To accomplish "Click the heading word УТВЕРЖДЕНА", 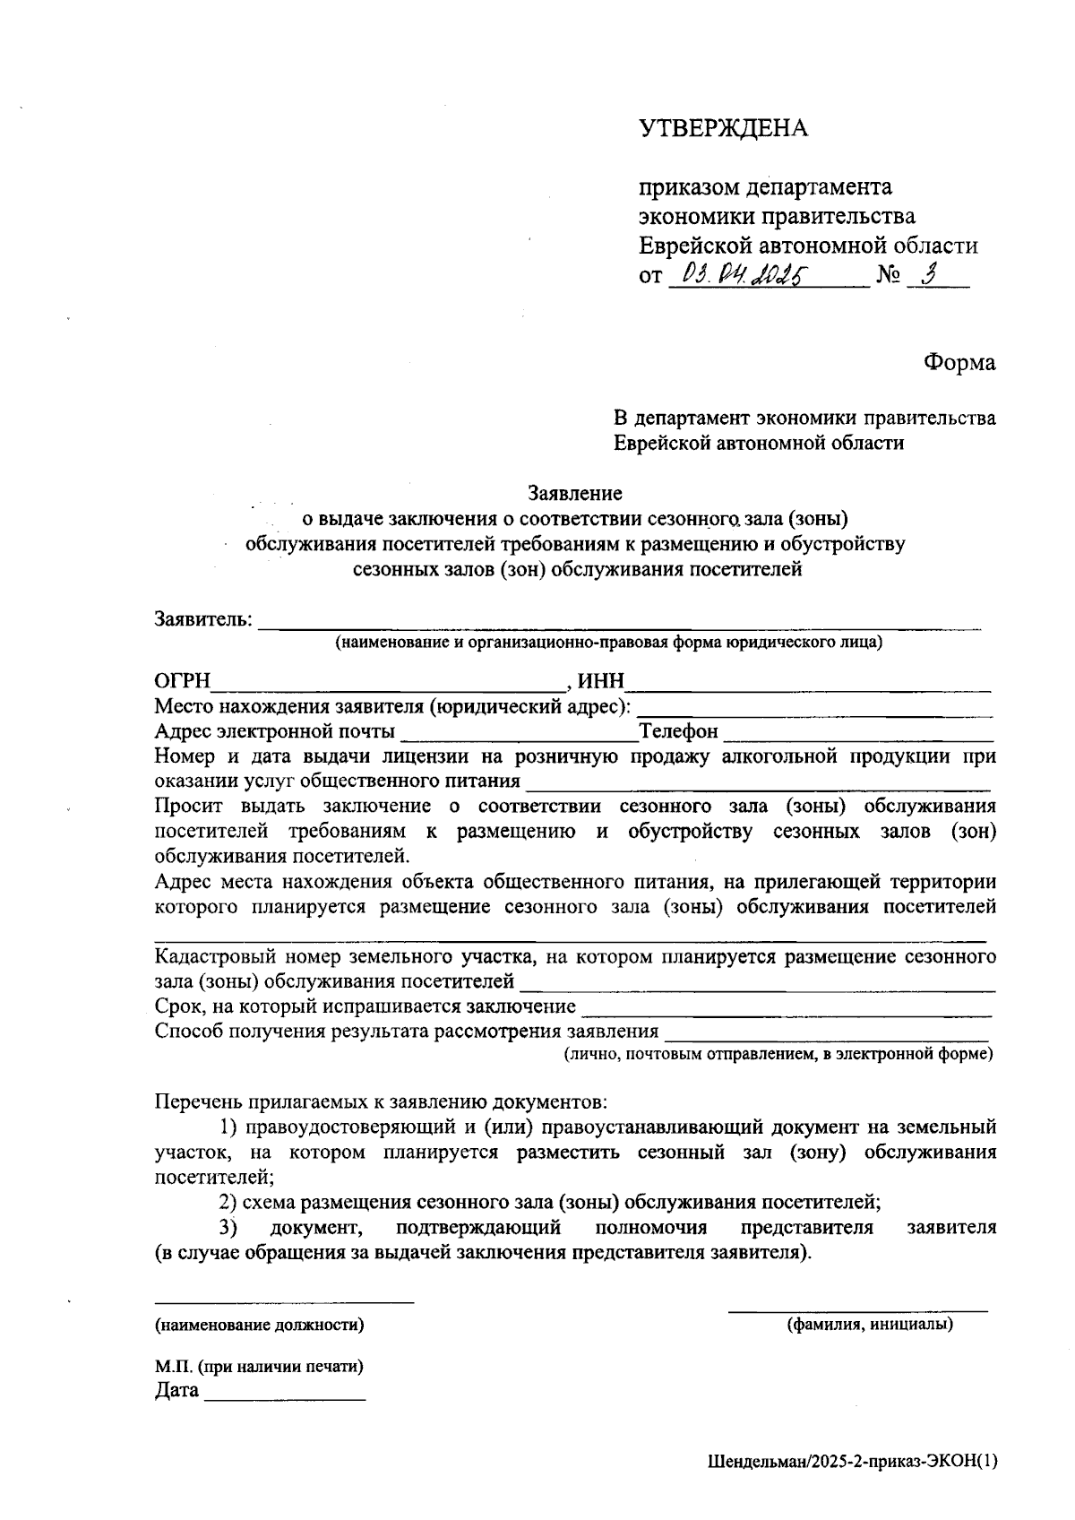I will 724,129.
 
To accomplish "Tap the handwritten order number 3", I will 928,275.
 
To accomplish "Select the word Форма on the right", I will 959,362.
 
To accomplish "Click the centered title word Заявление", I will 574,493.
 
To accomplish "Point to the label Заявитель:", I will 204,619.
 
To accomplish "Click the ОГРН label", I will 182,683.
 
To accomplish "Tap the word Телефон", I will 678,732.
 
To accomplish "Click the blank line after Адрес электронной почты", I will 518,737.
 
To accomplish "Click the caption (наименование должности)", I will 260,1324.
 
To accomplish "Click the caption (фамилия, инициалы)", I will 869,1324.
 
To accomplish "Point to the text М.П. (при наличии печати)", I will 259,1367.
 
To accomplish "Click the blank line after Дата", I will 285,1395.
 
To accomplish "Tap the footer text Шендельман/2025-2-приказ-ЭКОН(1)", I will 851,1462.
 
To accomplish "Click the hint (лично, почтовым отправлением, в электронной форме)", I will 778,1054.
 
